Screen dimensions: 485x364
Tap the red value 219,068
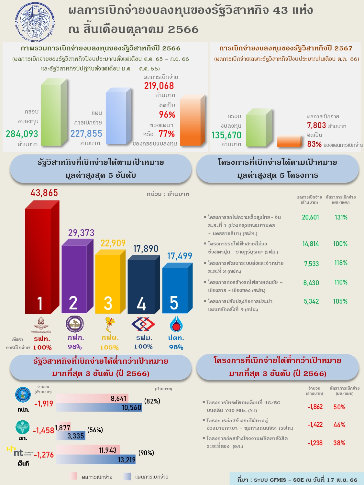click(x=159, y=86)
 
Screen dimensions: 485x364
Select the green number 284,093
click(x=22, y=134)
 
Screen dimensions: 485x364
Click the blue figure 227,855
click(x=86, y=134)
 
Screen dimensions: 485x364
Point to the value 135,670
click(x=226, y=135)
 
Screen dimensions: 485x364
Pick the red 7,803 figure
click(x=316, y=125)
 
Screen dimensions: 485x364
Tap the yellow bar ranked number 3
click(x=108, y=283)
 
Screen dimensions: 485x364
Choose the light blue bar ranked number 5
click(x=175, y=289)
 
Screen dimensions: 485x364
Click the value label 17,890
click(x=146, y=249)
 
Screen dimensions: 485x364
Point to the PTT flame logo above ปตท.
click(x=176, y=324)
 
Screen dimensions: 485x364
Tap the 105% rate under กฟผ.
click(x=109, y=348)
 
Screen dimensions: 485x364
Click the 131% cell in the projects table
click(x=341, y=217)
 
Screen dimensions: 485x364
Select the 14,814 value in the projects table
click(x=311, y=244)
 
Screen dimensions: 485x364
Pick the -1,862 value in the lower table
click(x=315, y=407)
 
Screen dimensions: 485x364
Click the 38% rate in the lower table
click(x=339, y=443)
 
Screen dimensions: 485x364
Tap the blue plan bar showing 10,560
click(x=99, y=407)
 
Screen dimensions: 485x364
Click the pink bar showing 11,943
click(x=88, y=450)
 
